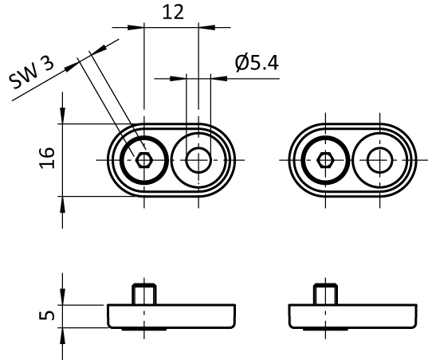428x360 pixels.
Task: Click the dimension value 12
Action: point(173,12)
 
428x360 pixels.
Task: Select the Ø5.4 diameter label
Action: point(257,63)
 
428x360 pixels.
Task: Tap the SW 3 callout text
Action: point(31,72)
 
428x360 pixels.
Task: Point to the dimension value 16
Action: point(47,158)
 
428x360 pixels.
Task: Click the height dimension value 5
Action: point(47,315)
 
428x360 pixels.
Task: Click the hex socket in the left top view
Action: point(143,160)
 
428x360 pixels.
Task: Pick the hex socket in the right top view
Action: point(325,160)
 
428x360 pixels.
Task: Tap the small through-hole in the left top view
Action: point(198,160)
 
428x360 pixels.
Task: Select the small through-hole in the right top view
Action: point(380,160)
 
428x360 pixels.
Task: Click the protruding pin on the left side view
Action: point(144,294)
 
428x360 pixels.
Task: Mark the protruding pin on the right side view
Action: point(325,294)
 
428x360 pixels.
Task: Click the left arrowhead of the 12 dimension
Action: point(135,27)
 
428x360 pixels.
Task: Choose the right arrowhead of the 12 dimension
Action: point(207,27)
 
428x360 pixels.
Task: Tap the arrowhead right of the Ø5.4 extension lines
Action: point(219,79)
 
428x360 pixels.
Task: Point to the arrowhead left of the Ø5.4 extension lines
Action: point(178,79)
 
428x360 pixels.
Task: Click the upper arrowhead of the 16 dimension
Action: point(62,116)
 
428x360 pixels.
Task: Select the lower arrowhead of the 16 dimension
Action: point(62,204)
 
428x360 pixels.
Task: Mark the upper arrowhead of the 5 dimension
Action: point(62,297)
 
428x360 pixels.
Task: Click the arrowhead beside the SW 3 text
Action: point(72,66)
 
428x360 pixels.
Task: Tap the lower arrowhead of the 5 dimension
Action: point(62,336)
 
